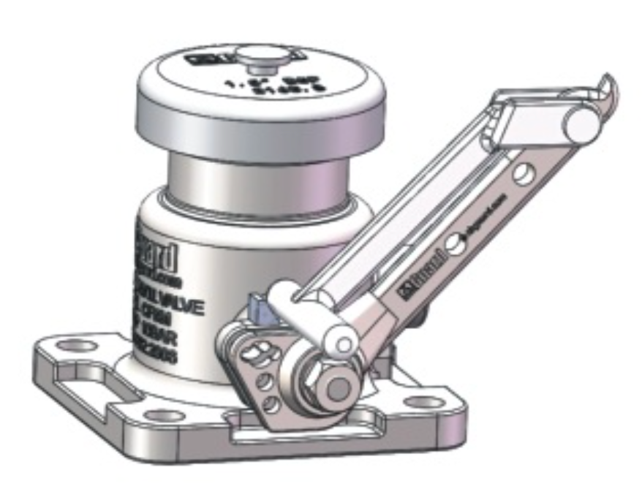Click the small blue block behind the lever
(x=258, y=307)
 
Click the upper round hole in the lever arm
(x=524, y=174)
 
